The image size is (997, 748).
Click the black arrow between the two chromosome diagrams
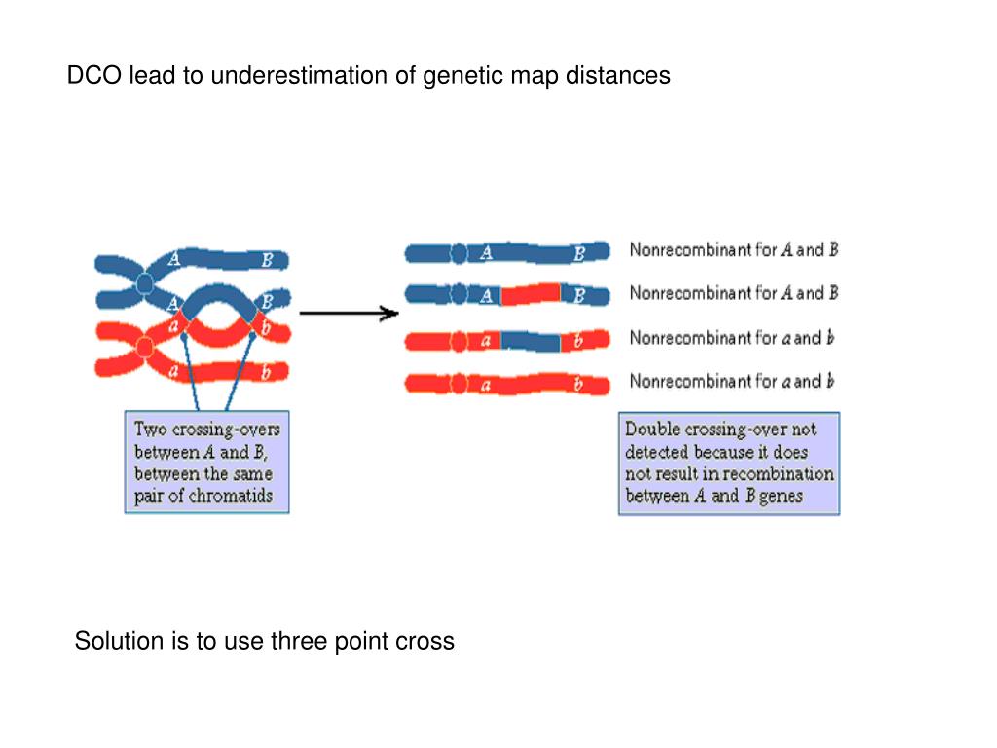tap(350, 313)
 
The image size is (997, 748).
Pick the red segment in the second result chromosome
tap(531, 294)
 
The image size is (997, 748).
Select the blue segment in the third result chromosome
tap(531, 341)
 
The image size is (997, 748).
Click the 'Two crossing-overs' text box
tap(206, 462)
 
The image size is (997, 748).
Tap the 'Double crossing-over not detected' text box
tap(729, 463)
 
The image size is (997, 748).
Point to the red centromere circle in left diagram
tap(145, 348)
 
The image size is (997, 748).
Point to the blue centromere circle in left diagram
tap(145, 282)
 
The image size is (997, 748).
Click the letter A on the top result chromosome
tap(486, 253)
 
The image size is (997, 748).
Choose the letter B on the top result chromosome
tap(579, 254)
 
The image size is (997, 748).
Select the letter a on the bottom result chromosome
tap(486, 386)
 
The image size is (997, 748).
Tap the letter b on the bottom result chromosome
tap(578, 384)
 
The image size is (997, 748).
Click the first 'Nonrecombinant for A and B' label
tap(734, 249)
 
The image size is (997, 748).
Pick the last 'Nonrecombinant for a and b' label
tap(732, 381)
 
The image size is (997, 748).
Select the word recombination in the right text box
tap(778, 474)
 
